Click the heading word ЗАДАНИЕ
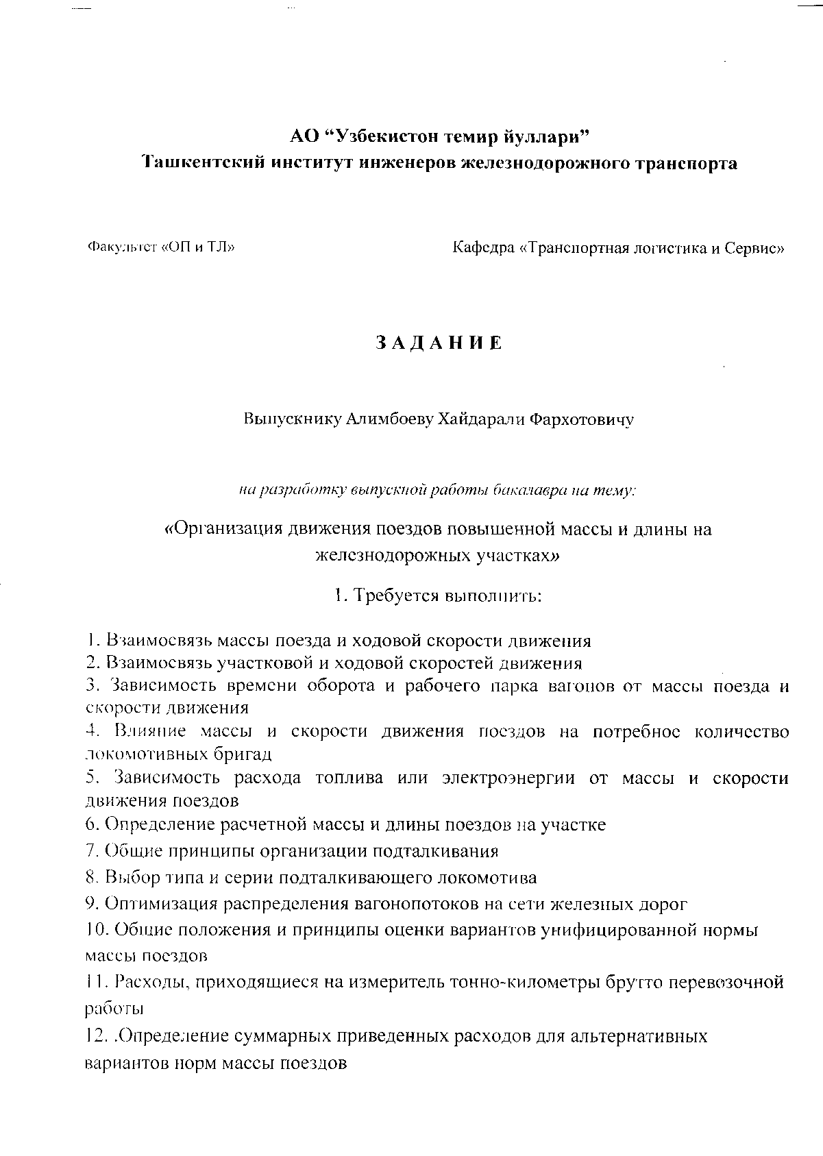coord(439,343)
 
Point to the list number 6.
coord(93,824)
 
